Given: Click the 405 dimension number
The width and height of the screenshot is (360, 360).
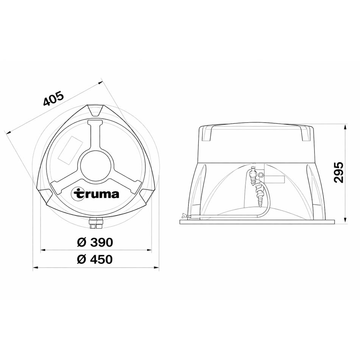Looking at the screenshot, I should (53, 99).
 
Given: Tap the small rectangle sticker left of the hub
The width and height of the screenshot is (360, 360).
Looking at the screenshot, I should (71, 150).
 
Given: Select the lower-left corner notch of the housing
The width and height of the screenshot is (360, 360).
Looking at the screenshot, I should (45, 195).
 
